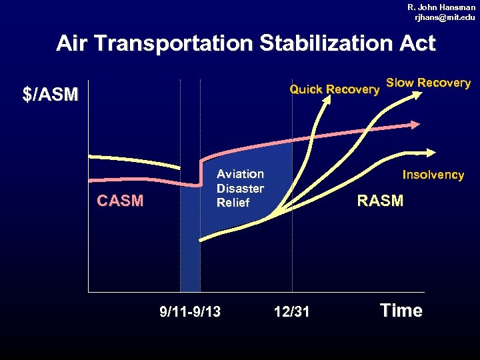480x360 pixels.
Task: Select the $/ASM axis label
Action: click(51, 95)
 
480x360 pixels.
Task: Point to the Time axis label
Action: click(401, 311)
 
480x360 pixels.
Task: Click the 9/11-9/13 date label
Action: click(190, 311)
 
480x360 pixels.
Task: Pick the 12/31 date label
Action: click(292, 311)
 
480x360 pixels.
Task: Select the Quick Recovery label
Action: click(333, 90)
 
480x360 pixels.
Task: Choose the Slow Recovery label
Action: click(428, 83)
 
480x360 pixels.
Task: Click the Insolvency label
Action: click(433, 175)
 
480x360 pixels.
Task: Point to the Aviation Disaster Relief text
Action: click(240, 188)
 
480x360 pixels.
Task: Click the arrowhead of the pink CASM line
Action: click(415, 124)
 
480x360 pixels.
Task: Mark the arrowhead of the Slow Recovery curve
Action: click(416, 95)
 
